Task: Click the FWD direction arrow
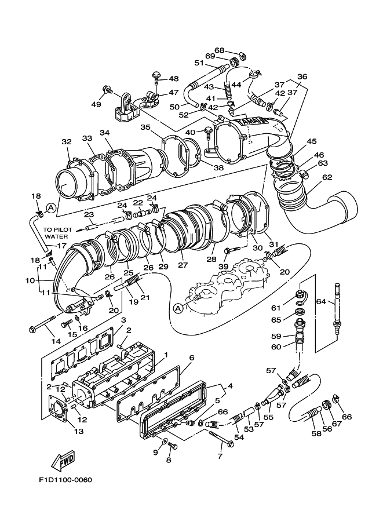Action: tap(63, 461)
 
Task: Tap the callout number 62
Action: tap(327, 177)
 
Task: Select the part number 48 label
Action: tap(173, 79)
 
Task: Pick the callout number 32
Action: tap(67, 142)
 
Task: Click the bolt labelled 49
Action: tap(108, 89)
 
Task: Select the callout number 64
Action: tap(321, 301)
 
